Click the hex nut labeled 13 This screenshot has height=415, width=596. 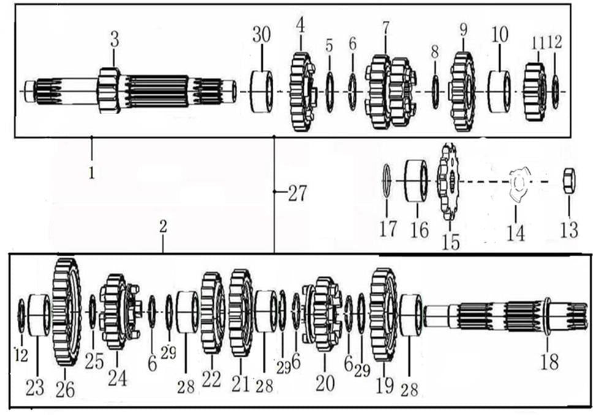click(568, 181)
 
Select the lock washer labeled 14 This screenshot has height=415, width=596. click(518, 185)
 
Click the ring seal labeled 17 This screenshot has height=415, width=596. click(387, 181)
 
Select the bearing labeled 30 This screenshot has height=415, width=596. click(262, 92)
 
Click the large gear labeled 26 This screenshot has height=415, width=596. click(66, 311)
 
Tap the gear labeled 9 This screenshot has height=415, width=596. click(462, 92)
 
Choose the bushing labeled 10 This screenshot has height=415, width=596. click(499, 92)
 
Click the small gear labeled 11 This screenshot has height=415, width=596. click(535, 92)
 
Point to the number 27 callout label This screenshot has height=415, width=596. click(297, 194)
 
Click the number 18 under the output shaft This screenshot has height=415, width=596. click(549, 362)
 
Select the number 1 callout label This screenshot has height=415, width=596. click(91, 173)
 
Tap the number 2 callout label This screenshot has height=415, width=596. click(163, 226)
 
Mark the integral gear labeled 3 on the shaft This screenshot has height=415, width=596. click(108, 90)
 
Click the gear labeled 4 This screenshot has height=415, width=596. click(302, 92)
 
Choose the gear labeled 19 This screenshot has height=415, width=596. click(383, 314)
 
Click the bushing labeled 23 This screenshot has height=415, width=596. click(39, 315)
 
